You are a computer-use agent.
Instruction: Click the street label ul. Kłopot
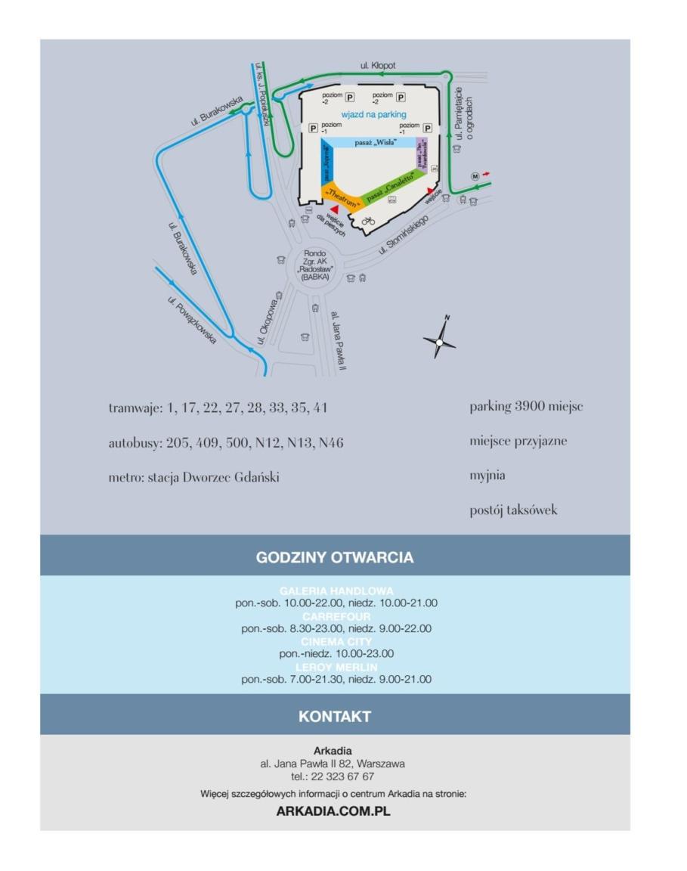(x=378, y=66)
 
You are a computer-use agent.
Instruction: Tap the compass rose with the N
(x=439, y=343)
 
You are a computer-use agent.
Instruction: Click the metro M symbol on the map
(x=475, y=176)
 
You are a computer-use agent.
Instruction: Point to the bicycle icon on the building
(x=368, y=221)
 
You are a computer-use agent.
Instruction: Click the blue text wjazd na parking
(x=374, y=115)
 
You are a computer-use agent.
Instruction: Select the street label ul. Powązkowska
(x=192, y=321)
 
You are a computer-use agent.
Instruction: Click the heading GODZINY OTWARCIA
(x=335, y=558)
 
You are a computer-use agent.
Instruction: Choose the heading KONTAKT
(x=335, y=716)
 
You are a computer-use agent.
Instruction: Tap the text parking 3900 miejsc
(x=525, y=407)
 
